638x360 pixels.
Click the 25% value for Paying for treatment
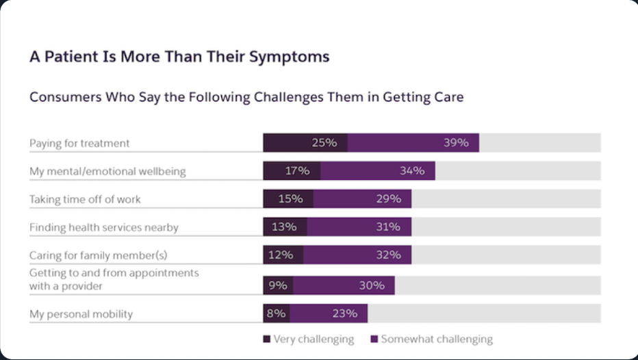(x=324, y=143)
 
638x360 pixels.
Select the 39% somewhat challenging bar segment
(x=413, y=143)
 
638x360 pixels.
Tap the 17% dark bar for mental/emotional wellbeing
(x=292, y=171)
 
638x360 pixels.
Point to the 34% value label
(x=411, y=171)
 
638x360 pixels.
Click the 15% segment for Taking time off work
(x=288, y=199)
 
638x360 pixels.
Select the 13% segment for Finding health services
(x=285, y=227)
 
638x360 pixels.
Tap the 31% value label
(x=388, y=227)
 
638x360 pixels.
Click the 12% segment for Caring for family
(x=283, y=255)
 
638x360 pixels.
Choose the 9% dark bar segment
(x=278, y=285)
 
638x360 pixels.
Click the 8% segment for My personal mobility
(x=277, y=313)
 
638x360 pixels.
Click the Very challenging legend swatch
(x=267, y=339)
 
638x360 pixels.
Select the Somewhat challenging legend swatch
(x=374, y=339)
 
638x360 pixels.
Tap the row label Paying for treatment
(x=79, y=143)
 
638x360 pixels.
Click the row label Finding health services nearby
(x=103, y=227)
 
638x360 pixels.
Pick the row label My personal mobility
(x=81, y=314)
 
